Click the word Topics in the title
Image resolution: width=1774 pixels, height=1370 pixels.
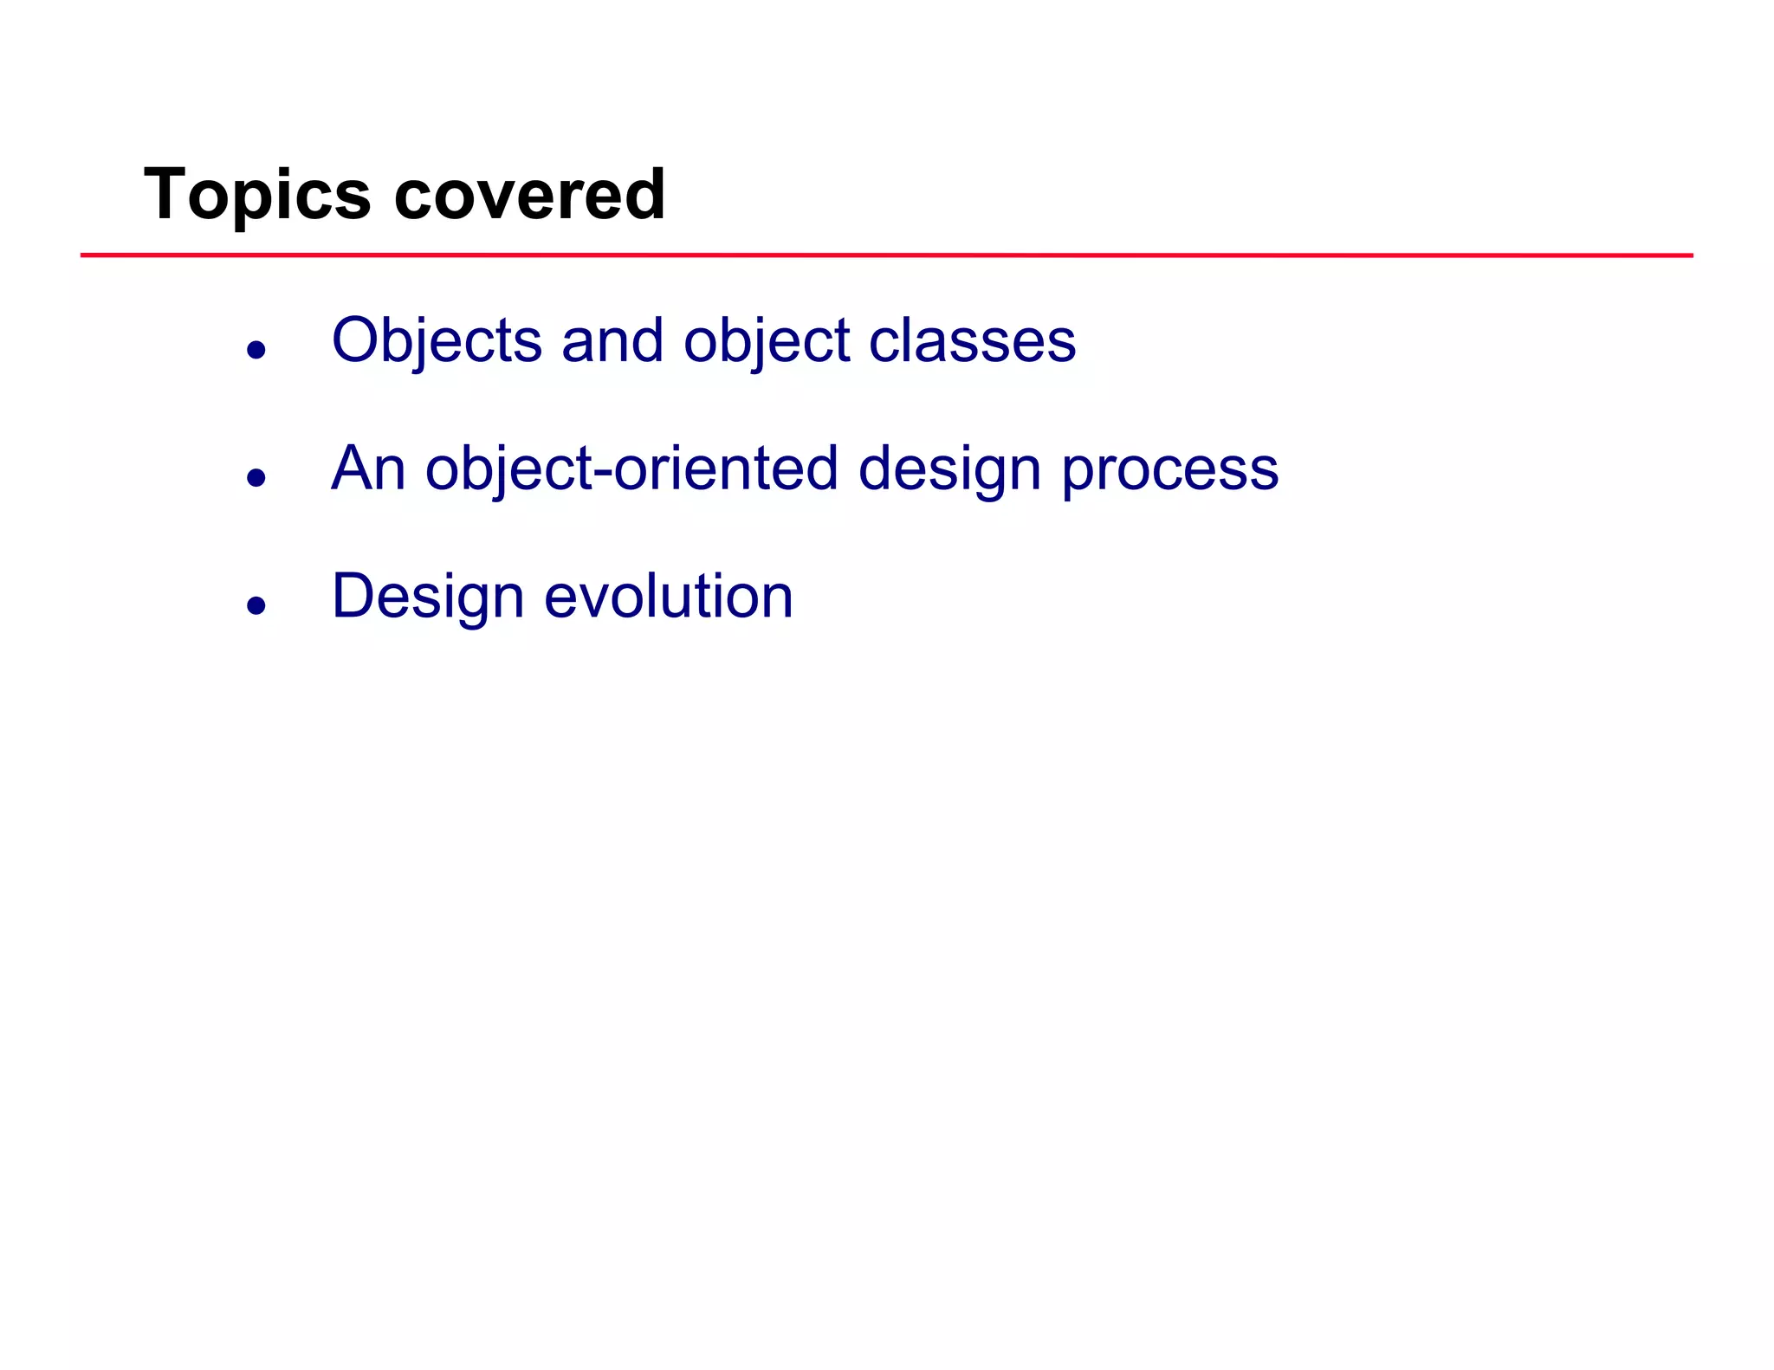click(257, 195)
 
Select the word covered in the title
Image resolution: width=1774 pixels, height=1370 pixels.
click(529, 195)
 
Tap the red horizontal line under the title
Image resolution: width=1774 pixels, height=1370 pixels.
click(886, 255)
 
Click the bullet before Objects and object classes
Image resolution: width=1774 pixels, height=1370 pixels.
click(256, 350)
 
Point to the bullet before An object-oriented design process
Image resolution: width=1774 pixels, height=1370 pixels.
click(256, 477)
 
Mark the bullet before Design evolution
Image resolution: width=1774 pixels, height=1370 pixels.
click(256, 605)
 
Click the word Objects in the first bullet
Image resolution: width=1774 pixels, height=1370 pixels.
click(437, 340)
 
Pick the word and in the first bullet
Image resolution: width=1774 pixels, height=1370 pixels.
click(612, 340)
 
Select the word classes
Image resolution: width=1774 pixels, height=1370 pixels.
click(972, 340)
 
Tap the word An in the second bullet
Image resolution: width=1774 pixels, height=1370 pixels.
click(368, 469)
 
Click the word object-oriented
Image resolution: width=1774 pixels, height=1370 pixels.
click(631, 469)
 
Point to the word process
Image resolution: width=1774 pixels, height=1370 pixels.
click(1169, 469)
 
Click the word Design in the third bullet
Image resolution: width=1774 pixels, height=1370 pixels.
click(428, 597)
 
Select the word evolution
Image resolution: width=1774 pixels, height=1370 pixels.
click(668, 597)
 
